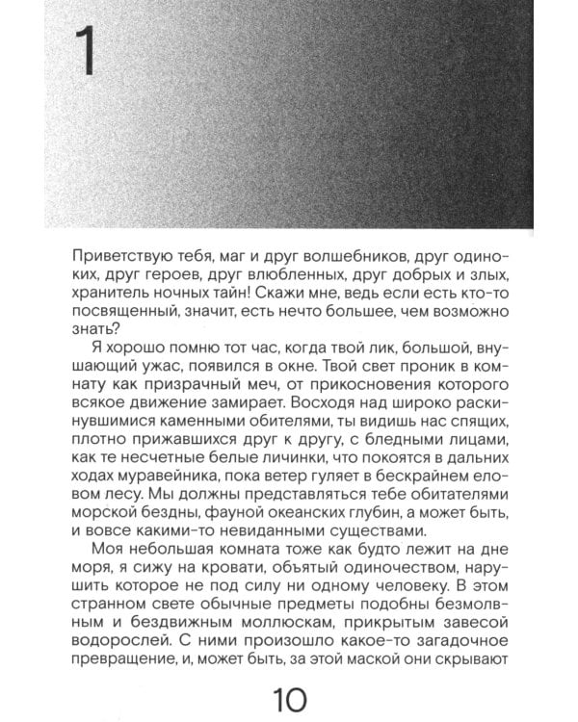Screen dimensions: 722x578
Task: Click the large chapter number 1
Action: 86,52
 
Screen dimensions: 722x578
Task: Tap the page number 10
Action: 288,696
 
